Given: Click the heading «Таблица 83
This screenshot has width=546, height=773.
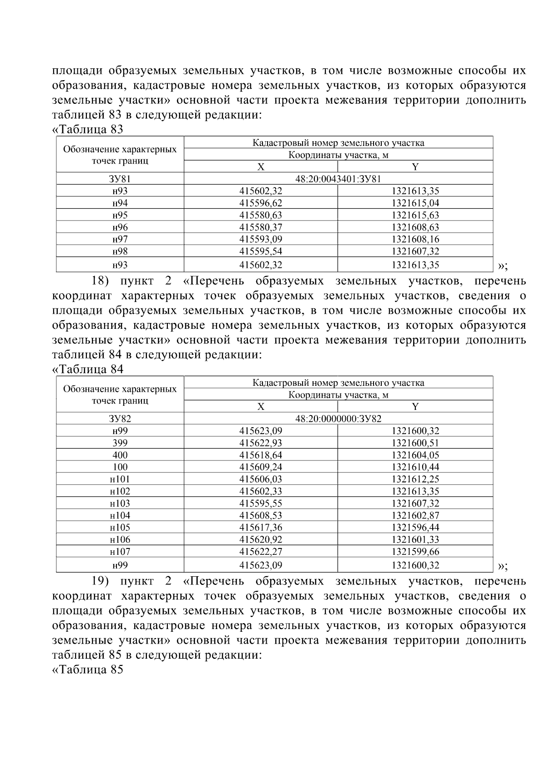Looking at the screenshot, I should click(x=88, y=129).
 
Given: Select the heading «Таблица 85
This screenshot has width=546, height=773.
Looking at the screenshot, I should click(x=88, y=670).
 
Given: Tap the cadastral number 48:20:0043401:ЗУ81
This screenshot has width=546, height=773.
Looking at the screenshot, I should click(x=338, y=179).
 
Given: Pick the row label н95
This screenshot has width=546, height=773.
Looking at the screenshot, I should click(x=120, y=215).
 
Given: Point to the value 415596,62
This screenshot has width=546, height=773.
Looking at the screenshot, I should click(x=261, y=203).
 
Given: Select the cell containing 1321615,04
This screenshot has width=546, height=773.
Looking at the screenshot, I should click(x=415, y=203).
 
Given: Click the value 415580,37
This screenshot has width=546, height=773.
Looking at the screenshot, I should click(x=261, y=227).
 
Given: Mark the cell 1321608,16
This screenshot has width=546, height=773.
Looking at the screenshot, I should click(x=415, y=239).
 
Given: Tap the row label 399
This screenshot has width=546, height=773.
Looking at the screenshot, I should click(x=120, y=443).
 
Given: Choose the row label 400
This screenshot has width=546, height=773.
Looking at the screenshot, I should click(x=120, y=455).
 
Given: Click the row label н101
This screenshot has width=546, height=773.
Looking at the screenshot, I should click(x=120, y=479).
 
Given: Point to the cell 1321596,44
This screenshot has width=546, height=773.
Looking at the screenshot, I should click(x=415, y=527).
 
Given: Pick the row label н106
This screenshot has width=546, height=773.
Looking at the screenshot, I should click(x=120, y=540).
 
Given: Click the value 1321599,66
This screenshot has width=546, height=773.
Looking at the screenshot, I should click(x=415, y=552).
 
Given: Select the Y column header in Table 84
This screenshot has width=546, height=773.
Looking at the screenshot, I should click(x=415, y=407).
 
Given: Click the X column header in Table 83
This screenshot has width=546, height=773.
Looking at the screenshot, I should click(x=261, y=167).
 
